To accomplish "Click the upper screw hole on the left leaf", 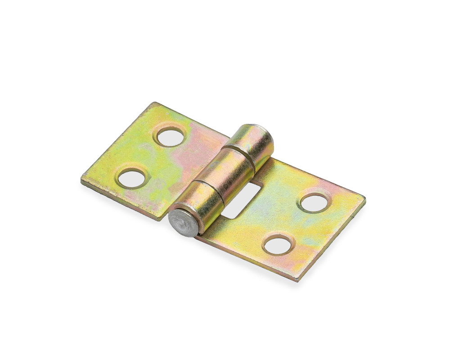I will point(171,137).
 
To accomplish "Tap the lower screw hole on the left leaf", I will point(132,179).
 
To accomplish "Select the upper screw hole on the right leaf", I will point(314,203).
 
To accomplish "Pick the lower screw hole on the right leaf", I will point(278,245).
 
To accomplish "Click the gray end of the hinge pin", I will point(183,222).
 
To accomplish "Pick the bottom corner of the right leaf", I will point(297,280).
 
